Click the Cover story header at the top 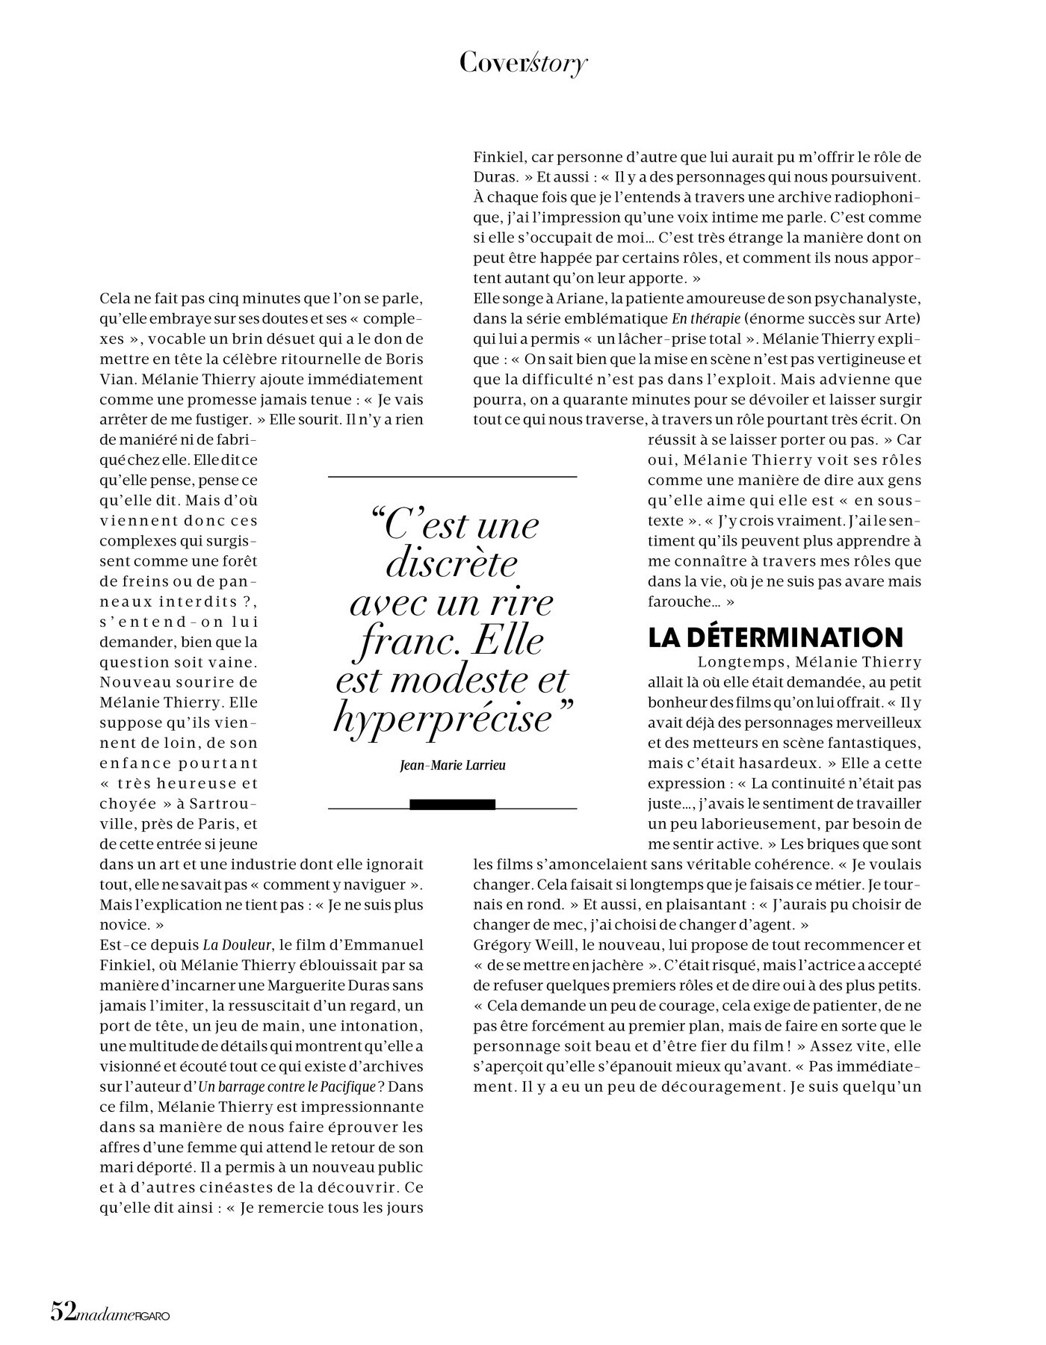coord(523,64)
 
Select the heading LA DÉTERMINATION coord(776,637)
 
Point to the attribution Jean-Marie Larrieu coord(453,765)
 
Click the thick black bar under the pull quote coord(453,804)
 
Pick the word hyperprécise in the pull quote coord(442,719)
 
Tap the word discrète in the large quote coord(451,563)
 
